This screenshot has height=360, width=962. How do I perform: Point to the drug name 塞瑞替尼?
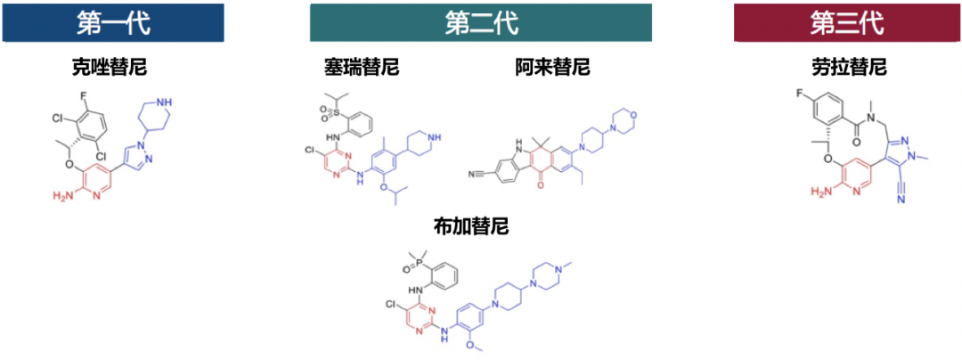click(362, 68)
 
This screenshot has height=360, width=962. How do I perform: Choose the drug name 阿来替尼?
click(552, 68)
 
